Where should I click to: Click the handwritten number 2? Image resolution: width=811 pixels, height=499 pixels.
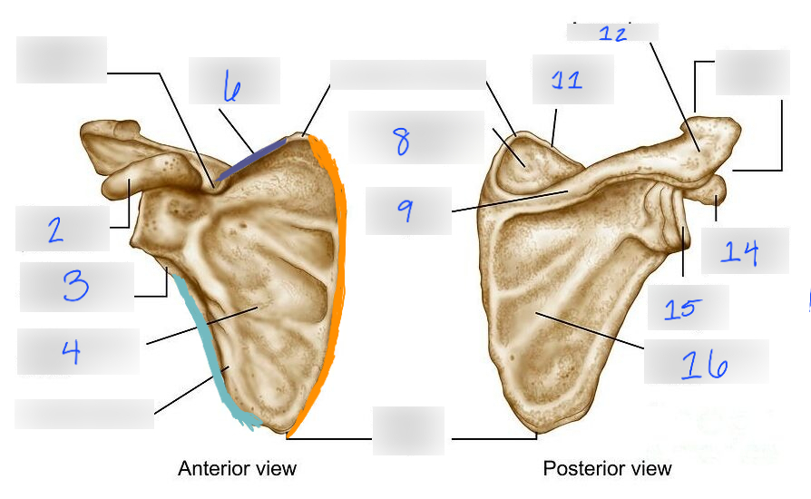click(55, 230)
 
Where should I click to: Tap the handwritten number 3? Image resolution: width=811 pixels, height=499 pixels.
click(75, 286)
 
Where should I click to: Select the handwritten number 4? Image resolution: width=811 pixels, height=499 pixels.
click(72, 350)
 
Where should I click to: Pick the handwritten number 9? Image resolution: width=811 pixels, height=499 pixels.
click(405, 210)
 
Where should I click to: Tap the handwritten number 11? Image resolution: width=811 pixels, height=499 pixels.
click(567, 80)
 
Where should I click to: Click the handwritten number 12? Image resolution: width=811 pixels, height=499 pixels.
click(612, 34)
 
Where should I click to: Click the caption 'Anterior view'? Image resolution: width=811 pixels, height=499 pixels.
click(237, 468)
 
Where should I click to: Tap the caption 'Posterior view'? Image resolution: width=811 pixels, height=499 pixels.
click(607, 468)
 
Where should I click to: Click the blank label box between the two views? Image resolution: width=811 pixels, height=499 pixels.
click(408, 430)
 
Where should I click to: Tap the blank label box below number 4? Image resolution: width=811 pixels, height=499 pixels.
click(83, 414)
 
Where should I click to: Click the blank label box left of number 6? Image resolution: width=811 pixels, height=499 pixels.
click(62, 60)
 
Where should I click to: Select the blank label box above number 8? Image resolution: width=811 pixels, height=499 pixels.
click(407, 75)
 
